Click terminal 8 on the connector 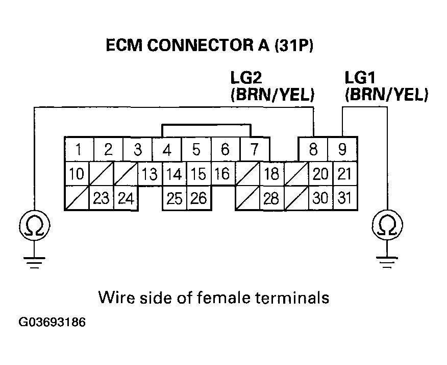[313, 150]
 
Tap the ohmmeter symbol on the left [34, 225]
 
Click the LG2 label [247, 78]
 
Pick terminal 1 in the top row [78, 150]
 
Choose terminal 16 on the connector [222, 174]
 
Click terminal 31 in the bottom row [345, 198]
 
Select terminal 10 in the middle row [76, 174]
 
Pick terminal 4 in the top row [167, 151]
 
